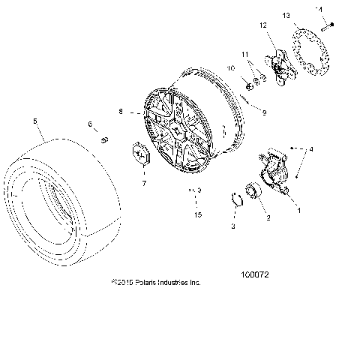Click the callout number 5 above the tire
[35, 120]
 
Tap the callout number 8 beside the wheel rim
[121, 112]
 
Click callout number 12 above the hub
[262, 26]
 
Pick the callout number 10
[231, 68]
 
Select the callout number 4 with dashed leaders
[312, 150]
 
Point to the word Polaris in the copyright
[153, 283]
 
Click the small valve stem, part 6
[106, 139]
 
